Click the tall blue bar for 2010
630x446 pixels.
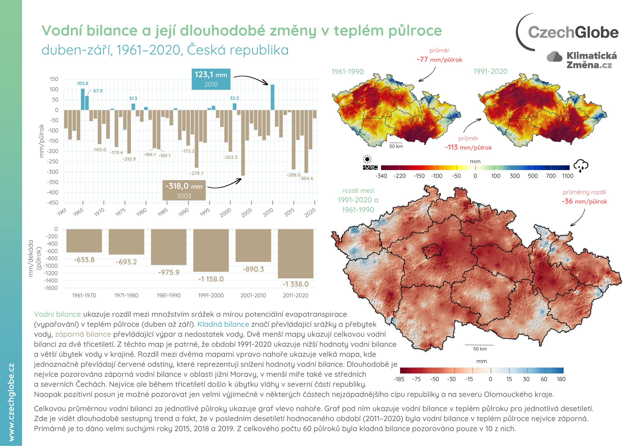(272, 97)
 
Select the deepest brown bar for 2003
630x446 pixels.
(243, 143)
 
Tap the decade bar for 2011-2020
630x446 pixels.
(295, 254)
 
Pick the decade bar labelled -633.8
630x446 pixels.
(84, 241)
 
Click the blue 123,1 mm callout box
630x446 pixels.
(211, 79)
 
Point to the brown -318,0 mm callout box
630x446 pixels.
(184, 190)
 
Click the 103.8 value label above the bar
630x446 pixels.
(83, 83)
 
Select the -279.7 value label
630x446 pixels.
(197, 173)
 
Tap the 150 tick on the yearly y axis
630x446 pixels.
(54, 79)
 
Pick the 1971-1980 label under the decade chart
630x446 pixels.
(126, 295)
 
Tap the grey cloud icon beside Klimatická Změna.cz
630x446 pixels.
(554, 57)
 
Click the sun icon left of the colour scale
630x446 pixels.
(367, 159)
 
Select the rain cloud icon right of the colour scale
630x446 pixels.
(581, 165)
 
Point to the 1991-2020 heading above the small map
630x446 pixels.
(490, 71)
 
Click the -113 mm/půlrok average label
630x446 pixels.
(468, 148)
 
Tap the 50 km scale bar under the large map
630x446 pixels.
(480, 345)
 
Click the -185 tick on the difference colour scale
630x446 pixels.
(399, 379)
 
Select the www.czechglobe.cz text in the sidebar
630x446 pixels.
(11, 402)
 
